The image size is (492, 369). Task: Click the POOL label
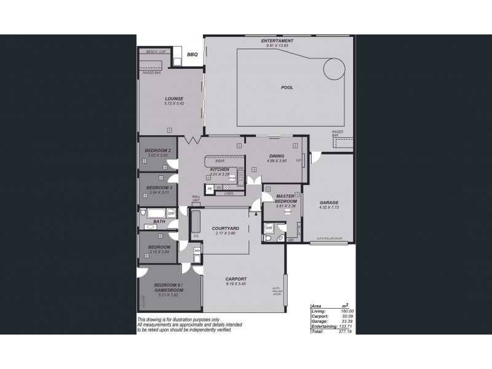(287, 87)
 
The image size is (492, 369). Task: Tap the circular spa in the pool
(335, 67)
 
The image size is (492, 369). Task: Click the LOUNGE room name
(173, 98)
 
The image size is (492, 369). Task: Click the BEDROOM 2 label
(157, 151)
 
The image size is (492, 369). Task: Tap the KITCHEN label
(220, 169)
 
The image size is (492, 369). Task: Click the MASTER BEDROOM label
(286, 199)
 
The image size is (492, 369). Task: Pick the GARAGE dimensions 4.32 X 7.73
(329, 208)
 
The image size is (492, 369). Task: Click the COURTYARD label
(226, 228)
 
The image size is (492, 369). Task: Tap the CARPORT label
(236, 279)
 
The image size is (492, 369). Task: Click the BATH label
(159, 221)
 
